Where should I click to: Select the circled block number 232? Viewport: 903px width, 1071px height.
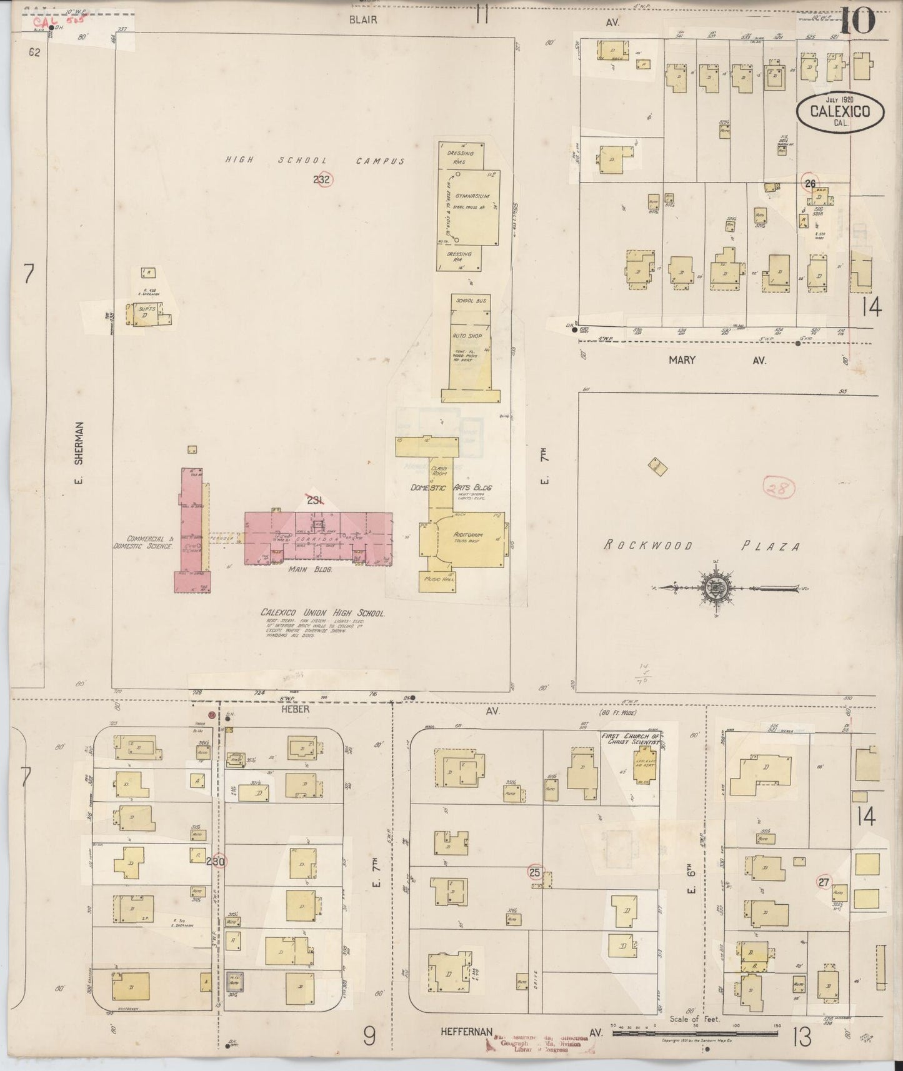[323, 179]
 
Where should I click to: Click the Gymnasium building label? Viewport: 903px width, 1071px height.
[472, 196]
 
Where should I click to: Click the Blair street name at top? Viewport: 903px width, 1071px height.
[363, 20]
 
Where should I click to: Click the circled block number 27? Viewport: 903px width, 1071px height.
[824, 882]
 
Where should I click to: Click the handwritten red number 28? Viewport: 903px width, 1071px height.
[779, 488]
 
